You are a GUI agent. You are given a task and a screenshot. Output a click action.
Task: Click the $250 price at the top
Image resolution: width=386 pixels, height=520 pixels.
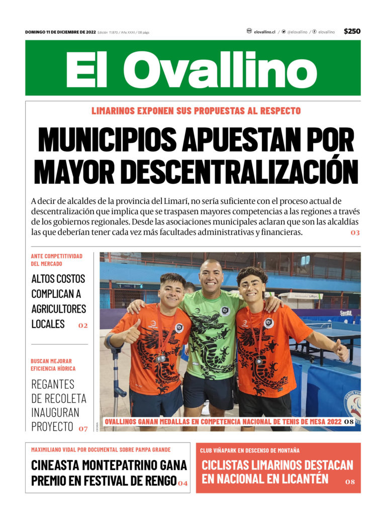(x=352, y=31)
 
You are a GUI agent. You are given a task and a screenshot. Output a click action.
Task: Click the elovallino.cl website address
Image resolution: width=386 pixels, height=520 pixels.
(x=264, y=32)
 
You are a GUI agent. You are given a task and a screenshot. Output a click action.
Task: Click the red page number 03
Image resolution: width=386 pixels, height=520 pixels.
(x=355, y=233)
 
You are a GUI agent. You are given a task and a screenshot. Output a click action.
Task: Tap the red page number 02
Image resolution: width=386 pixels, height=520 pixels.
(x=83, y=326)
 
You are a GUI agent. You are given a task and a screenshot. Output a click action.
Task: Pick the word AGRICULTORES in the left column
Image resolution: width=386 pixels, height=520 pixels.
(x=58, y=309)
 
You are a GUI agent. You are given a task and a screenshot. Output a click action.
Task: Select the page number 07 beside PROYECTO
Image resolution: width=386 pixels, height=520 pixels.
(x=83, y=429)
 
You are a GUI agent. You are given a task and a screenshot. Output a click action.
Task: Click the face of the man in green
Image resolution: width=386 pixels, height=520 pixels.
(x=211, y=277)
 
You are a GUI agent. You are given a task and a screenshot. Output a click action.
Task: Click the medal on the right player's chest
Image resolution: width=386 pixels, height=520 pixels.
(x=258, y=360)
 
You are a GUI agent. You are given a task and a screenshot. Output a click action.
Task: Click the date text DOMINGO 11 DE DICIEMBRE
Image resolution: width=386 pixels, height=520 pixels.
(x=60, y=32)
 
